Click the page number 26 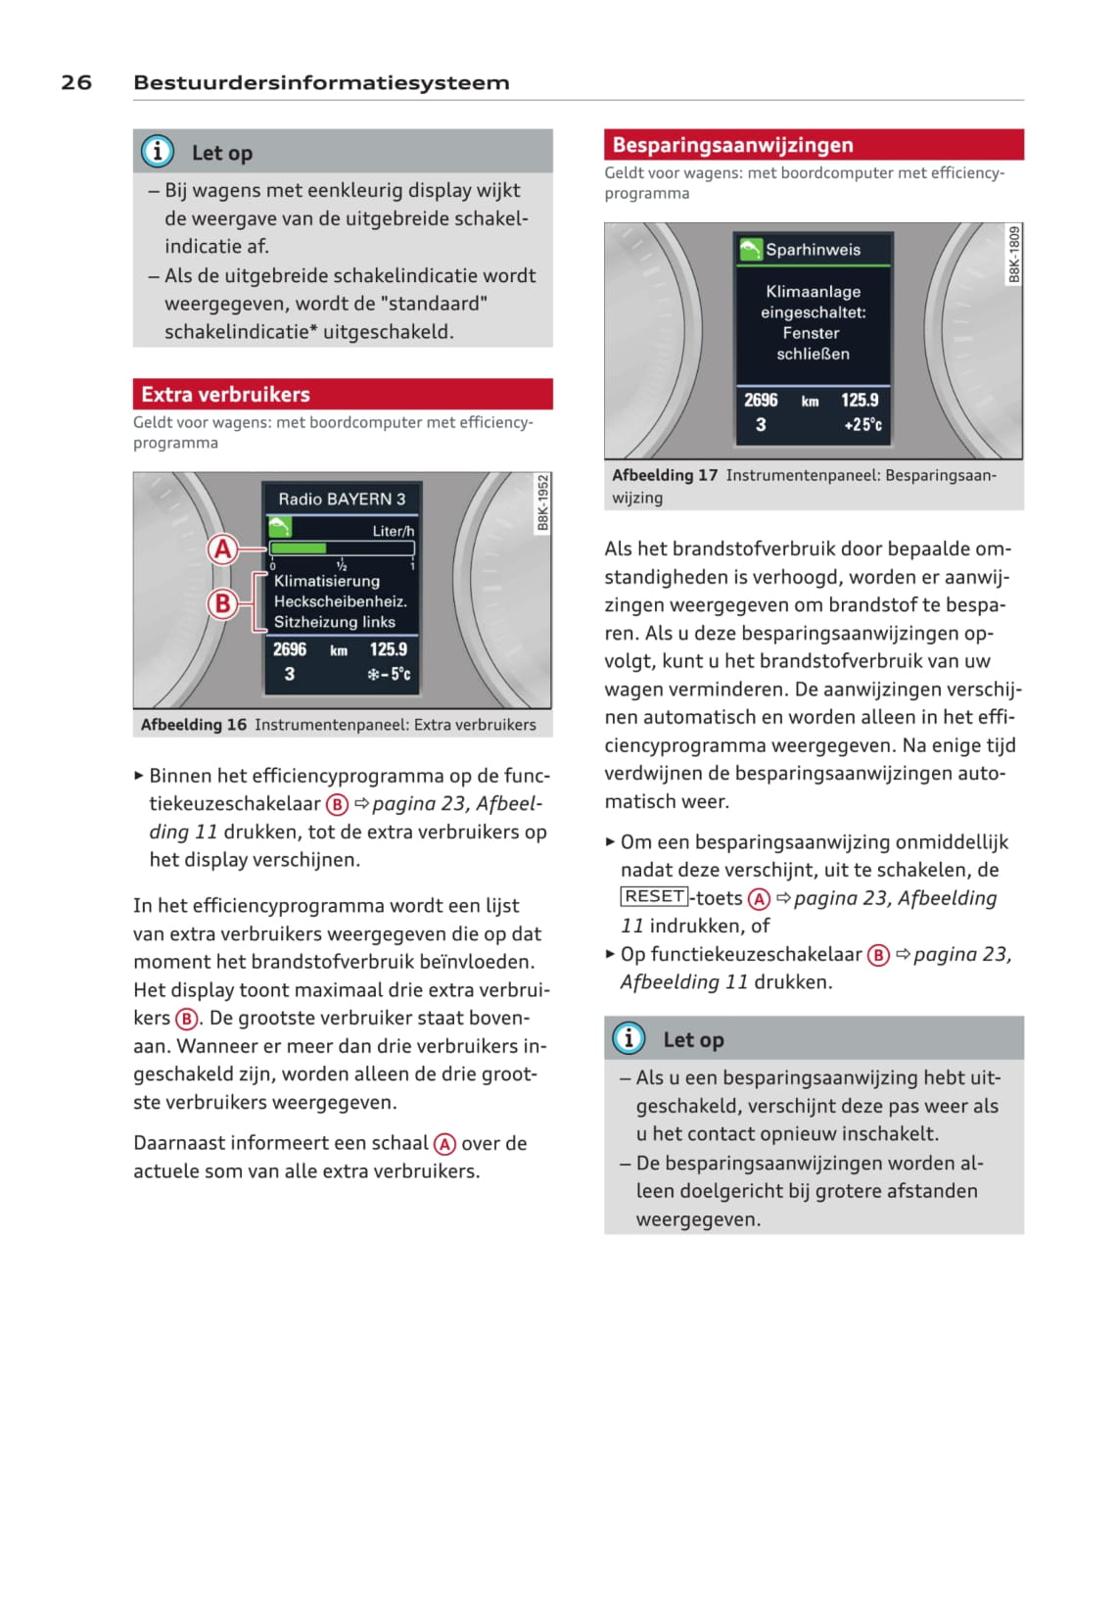pos(76,82)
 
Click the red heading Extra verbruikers pos(225,394)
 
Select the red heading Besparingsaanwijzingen pos(732,145)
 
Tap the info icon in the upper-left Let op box pos(158,152)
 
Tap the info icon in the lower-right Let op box pos(629,1038)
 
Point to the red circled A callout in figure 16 pos(223,548)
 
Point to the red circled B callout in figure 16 pos(223,602)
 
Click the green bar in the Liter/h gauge pos(299,548)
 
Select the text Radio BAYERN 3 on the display pos(342,499)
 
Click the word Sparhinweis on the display pos(813,250)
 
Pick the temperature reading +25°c pos(862,424)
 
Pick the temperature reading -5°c pos(390,674)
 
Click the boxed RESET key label pos(654,896)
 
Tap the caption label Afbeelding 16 pos(194,725)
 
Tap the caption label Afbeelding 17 pos(665,475)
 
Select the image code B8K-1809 pos(1014,255)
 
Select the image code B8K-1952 pos(543,503)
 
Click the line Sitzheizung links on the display pos(335,622)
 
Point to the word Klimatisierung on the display pos(327,581)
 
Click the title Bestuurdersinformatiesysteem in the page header pos(321,82)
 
